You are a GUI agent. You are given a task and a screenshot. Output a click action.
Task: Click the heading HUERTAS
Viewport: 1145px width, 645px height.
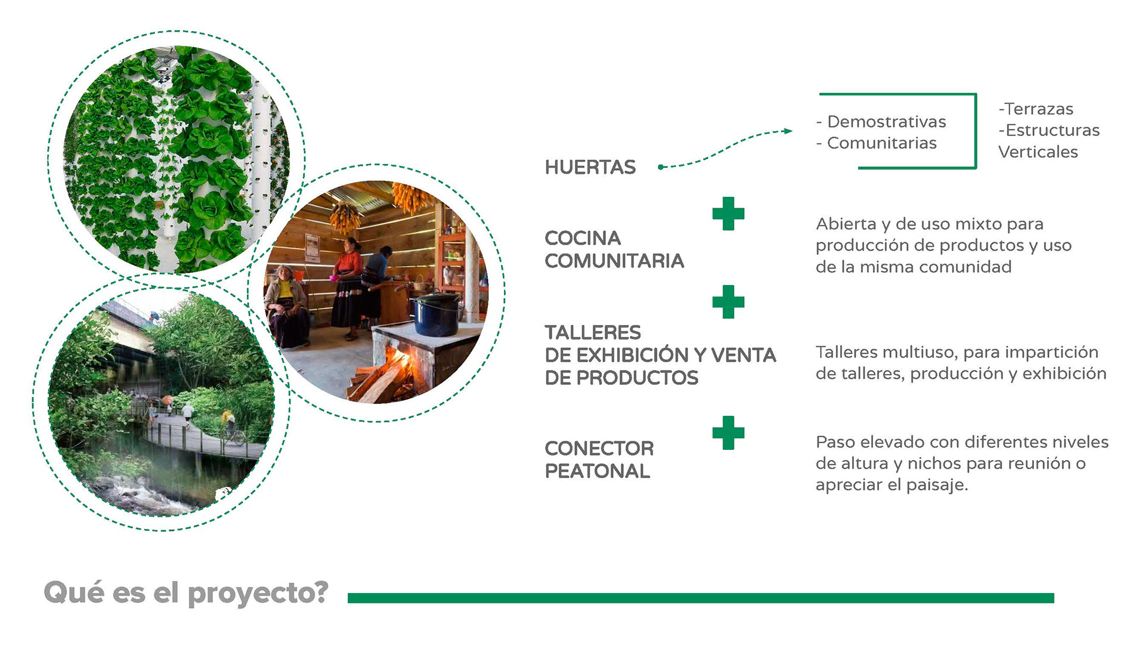[x=590, y=167]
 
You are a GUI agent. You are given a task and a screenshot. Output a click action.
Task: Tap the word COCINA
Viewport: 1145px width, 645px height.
[x=583, y=238]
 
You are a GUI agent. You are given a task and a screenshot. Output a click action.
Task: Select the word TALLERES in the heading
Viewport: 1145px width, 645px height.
[x=593, y=332]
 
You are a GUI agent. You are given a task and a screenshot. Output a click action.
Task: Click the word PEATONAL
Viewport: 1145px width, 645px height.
[x=598, y=471]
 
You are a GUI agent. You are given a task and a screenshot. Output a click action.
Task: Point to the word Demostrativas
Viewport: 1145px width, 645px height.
[x=887, y=122]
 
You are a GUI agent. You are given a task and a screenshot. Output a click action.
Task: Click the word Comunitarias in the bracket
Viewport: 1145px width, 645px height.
[x=882, y=143]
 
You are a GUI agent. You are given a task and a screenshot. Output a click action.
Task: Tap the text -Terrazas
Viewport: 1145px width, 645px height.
[x=1036, y=109]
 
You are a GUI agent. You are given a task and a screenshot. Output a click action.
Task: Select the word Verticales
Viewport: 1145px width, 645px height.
[x=1038, y=152]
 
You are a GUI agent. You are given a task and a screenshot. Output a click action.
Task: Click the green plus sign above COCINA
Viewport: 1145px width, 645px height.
[x=728, y=214]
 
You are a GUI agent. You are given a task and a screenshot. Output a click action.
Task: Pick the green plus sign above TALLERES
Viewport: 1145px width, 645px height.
[x=728, y=302]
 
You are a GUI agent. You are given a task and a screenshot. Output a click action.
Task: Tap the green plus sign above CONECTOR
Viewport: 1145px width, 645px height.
[x=728, y=433]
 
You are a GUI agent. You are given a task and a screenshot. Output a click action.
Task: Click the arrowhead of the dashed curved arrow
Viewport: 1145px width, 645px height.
[x=788, y=131]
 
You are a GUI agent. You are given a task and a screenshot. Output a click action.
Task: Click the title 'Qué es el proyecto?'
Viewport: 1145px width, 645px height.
[x=186, y=594]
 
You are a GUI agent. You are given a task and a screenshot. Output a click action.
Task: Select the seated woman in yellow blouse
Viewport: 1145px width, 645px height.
[x=287, y=305]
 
